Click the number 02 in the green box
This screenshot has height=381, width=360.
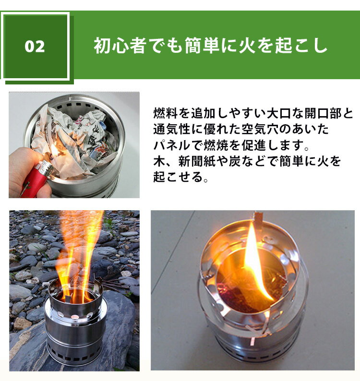coord(35,47)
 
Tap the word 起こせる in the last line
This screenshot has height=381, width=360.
coord(177,177)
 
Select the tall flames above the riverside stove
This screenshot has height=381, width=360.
coord(79,250)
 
